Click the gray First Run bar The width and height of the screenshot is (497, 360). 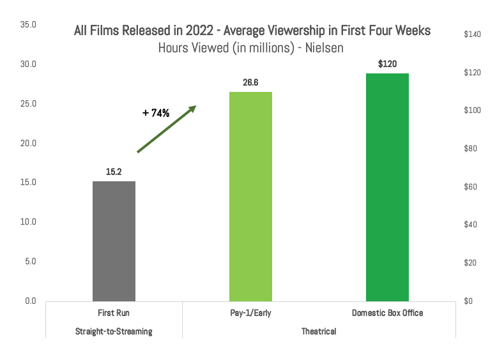click(x=114, y=241)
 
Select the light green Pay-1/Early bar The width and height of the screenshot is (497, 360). click(x=250, y=196)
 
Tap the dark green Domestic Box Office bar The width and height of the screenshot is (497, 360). click(x=387, y=187)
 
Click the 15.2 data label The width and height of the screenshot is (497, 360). click(x=114, y=172)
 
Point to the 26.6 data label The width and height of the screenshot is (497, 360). click(x=250, y=82)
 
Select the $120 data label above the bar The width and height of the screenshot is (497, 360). click(x=387, y=64)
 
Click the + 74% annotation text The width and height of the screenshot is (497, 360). click(x=156, y=113)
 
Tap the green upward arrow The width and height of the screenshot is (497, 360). click(x=166, y=129)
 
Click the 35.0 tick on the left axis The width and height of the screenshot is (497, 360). click(x=29, y=25)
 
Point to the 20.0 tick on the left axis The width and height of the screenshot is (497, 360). click(x=29, y=143)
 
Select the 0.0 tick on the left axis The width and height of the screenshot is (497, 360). click(x=31, y=301)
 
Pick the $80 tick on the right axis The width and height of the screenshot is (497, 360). click(x=471, y=149)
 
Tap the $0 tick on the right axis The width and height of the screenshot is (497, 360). click(x=469, y=301)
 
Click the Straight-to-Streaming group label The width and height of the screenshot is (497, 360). click(x=114, y=332)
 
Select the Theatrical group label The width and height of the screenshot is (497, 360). click(x=319, y=332)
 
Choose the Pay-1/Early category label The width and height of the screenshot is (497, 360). click(x=250, y=313)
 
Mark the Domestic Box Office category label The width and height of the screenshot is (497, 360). click(x=387, y=313)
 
